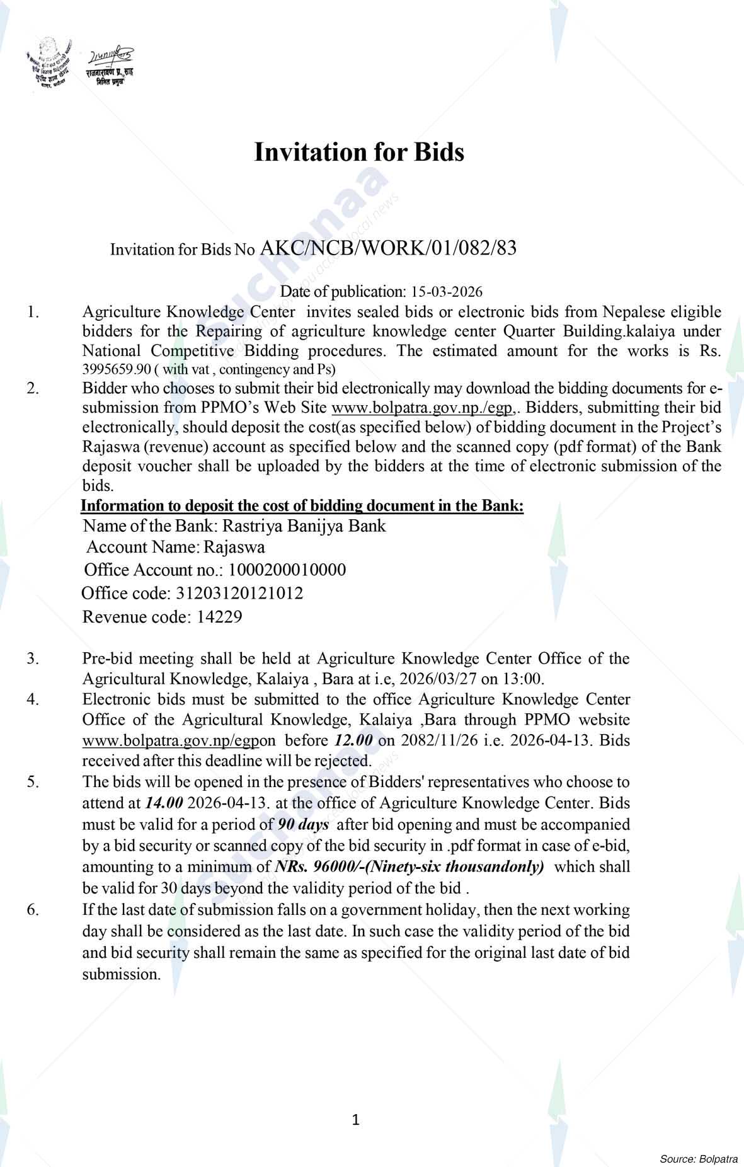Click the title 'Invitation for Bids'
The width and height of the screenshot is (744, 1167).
[358, 152]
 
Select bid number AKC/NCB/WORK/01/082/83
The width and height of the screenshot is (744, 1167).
[388, 248]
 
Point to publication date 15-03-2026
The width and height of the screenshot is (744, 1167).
[447, 292]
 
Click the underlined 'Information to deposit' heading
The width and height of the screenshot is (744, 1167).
[302, 506]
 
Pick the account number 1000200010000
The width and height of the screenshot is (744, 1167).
[287, 570]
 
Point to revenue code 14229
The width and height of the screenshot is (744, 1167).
[219, 616]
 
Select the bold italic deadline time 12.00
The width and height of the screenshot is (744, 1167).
[353, 740]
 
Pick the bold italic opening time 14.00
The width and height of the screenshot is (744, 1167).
[164, 803]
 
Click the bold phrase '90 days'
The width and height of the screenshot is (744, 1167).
[303, 824]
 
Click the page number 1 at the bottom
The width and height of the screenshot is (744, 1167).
[355, 1120]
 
